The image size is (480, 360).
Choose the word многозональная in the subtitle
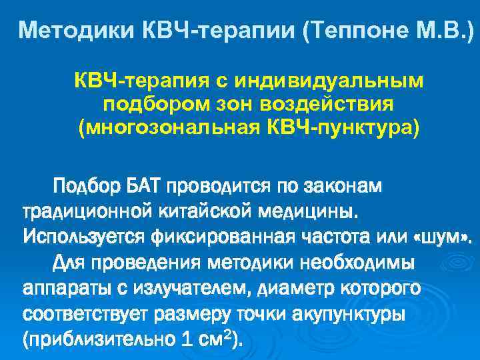pyautogui.click(x=183, y=127)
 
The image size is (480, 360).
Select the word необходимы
pyautogui.click(x=361, y=262)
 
